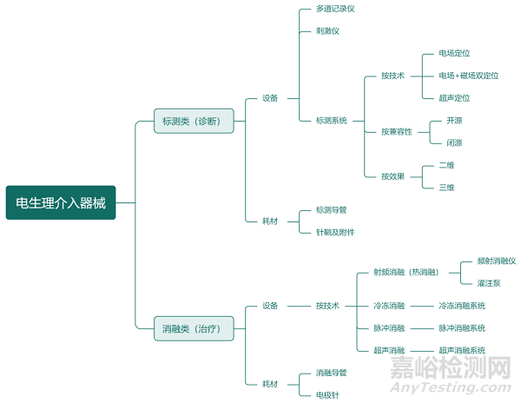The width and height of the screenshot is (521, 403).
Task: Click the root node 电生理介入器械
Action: coord(59,202)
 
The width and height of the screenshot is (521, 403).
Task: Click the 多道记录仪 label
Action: coord(335,9)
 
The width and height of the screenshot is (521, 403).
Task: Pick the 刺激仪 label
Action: coord(327,31)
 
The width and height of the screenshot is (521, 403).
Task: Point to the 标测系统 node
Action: coord(331,121)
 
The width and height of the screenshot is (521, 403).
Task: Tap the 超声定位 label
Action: coord(454,98)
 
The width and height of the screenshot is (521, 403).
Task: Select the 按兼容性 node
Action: coord(396,131)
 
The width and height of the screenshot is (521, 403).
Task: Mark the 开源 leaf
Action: coord(454,121)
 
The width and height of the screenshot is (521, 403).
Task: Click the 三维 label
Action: coord(446,188)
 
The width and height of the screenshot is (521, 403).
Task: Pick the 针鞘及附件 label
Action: coord(335,232)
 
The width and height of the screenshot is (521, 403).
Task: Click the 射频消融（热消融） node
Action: coord(406,272)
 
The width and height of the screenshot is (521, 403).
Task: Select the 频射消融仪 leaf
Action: coord(497,261)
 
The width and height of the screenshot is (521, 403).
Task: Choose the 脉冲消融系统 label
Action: coord(462,328)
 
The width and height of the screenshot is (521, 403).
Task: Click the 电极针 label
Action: coord(327,395)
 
